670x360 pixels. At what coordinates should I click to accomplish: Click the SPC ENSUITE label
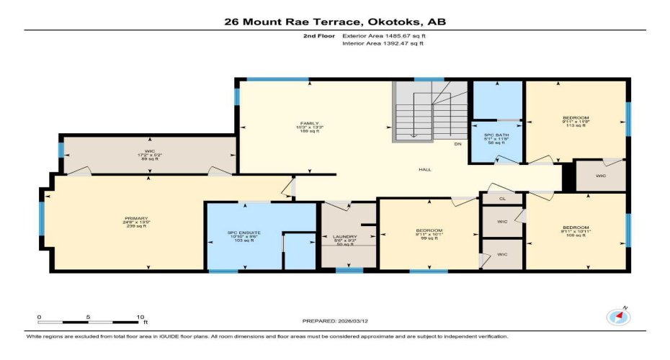(x=242, y=233)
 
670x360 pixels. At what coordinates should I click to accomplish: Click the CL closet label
(x=502, y=199)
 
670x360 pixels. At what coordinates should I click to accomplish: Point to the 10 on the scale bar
(x=141, y=317)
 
